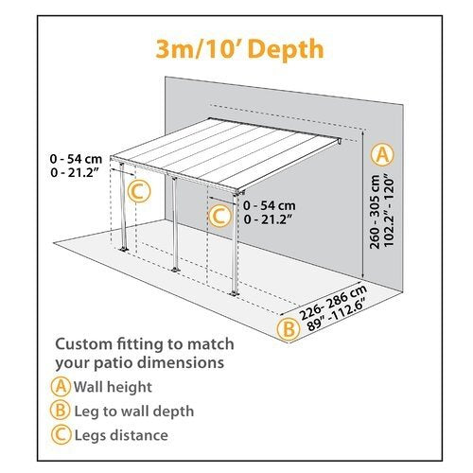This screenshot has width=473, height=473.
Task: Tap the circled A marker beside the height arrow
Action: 382,153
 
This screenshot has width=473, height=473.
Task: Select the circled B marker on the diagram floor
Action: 285,328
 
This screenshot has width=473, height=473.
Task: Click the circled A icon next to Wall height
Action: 62,387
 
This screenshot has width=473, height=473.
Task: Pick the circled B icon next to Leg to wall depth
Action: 62,411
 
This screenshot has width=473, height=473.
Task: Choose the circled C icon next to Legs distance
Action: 62,434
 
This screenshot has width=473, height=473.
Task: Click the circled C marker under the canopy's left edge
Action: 138,192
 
